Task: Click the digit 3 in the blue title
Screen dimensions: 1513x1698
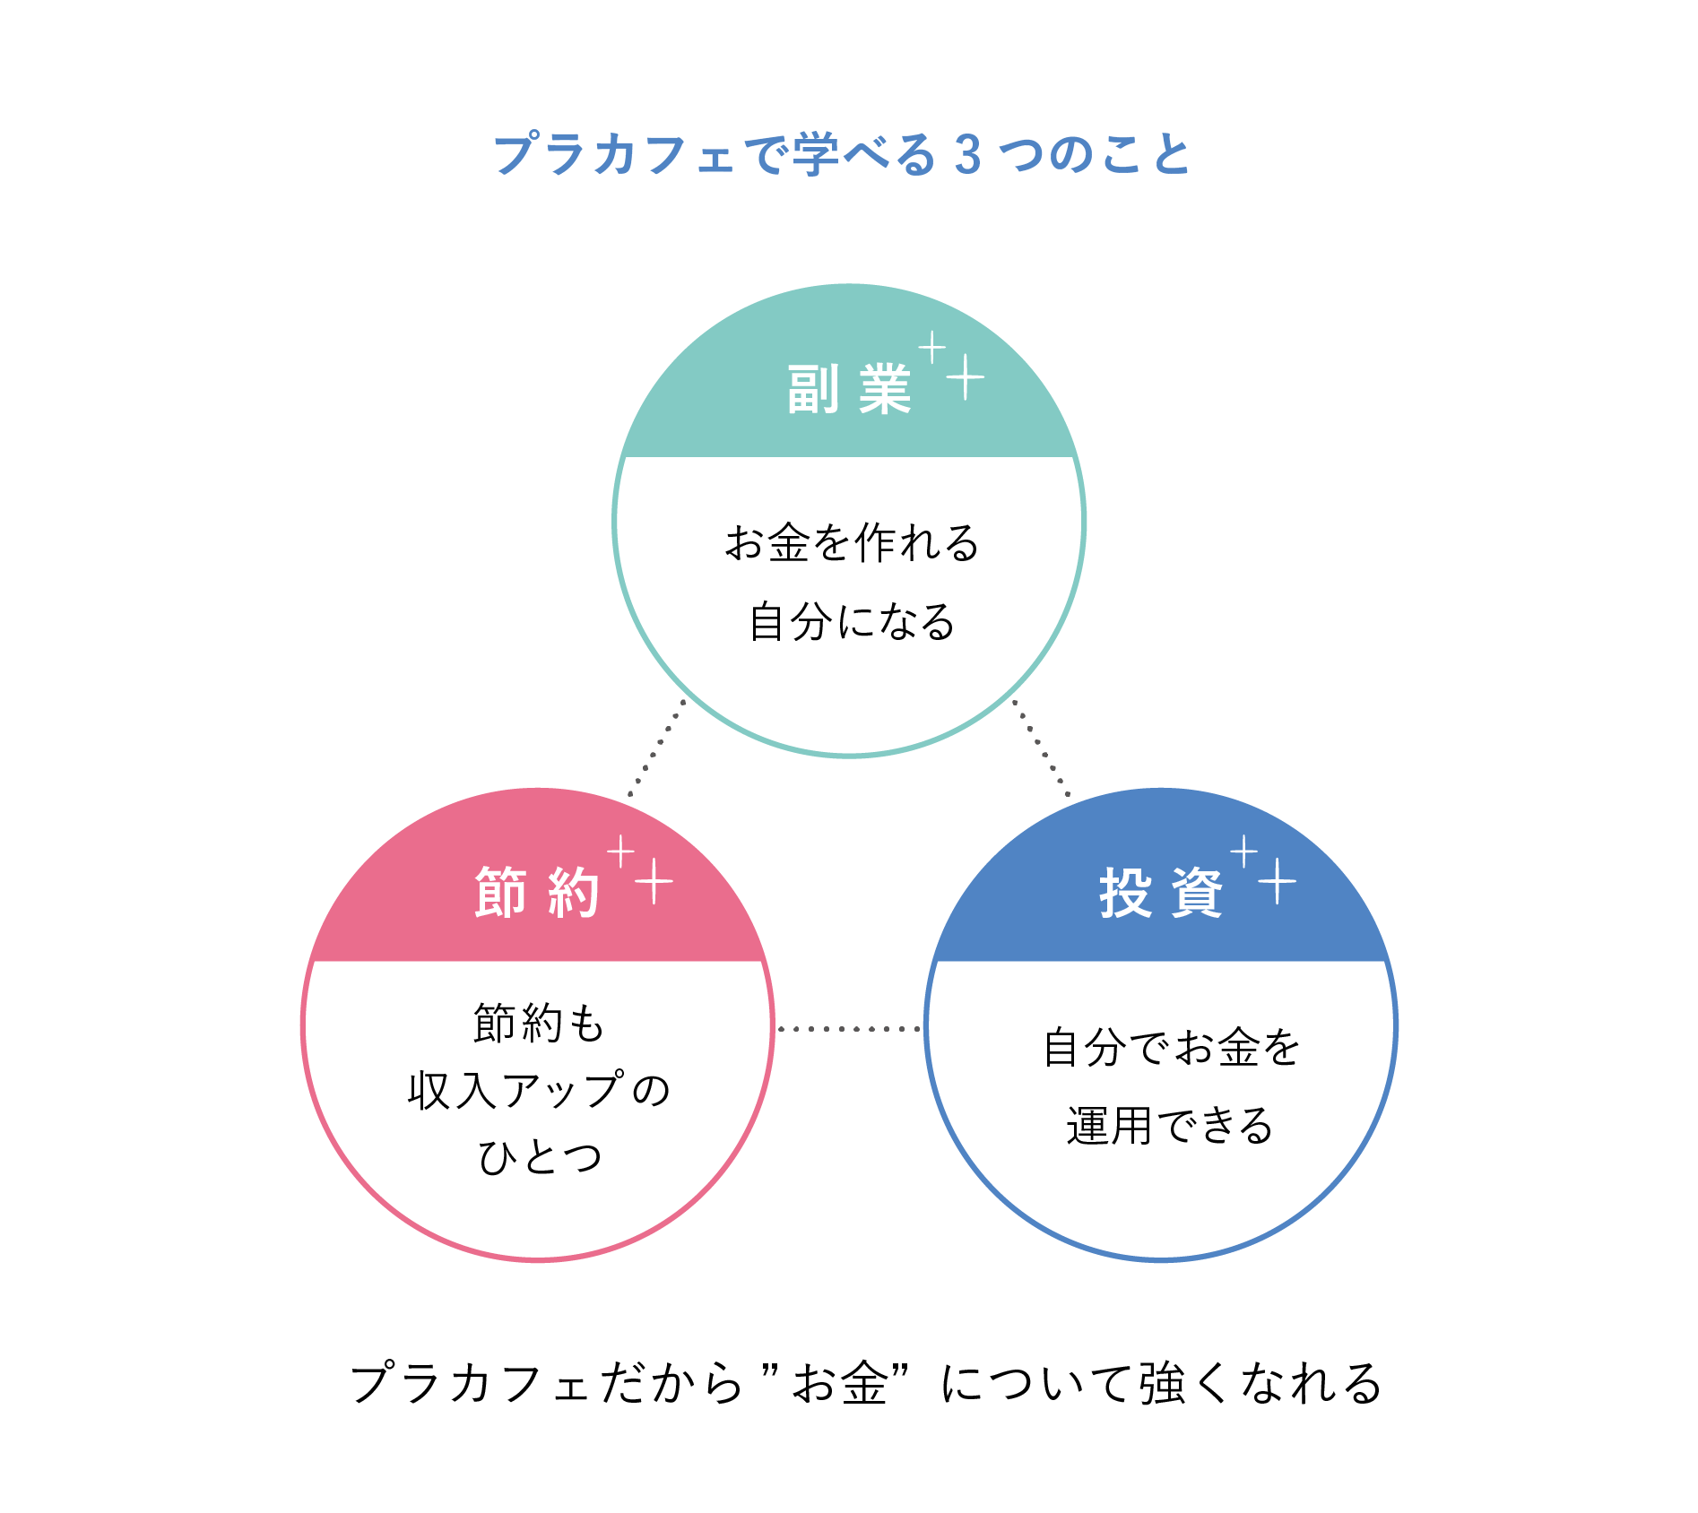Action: pos(967,155)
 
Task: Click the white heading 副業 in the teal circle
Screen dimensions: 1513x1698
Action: pos(849,390)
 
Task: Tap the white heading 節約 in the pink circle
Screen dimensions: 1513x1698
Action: pos(537,893)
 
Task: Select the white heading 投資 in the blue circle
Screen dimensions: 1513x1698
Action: pos(1161,893)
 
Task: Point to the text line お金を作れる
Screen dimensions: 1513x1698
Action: pos(852,543)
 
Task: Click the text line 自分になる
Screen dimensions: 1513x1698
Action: pos(852,622)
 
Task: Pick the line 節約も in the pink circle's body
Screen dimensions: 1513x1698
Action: pos(539,1024)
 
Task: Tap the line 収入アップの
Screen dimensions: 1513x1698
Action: pos(539,1091)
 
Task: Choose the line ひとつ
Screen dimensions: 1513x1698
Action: pos(539,1157)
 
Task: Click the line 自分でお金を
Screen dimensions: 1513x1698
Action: pos(1171,1047)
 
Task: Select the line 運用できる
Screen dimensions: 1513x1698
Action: pos(1169,1126)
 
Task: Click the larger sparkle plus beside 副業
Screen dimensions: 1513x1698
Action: pos(966,377)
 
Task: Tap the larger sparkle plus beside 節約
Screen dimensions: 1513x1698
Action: pos(654,881)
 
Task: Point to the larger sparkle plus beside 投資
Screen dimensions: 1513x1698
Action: pos(1277,881)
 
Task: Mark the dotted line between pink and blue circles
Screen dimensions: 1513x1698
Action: pos(849,1029)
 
